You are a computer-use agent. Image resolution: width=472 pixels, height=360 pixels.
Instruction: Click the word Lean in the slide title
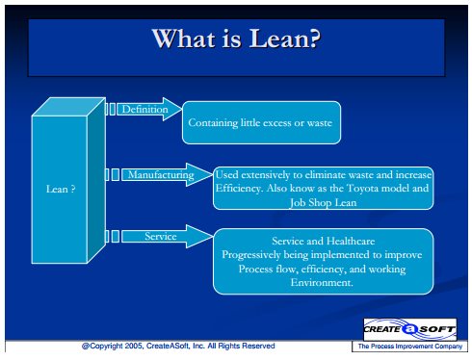click(275, 39)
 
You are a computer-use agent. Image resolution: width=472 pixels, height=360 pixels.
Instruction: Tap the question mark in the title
click(312, 39)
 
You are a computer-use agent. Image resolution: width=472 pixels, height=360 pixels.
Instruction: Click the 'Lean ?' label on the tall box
click(61, 189)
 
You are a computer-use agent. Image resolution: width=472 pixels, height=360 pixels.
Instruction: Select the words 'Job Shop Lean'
click(323, 202)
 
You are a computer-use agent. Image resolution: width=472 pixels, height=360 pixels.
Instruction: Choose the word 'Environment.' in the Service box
click(322, 282)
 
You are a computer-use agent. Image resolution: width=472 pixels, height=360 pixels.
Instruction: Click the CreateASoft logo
click(409, 329)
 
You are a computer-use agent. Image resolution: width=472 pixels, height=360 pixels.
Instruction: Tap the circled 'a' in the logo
click(409, 329)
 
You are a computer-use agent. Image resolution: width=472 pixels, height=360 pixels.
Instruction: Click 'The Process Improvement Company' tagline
click(410, 347)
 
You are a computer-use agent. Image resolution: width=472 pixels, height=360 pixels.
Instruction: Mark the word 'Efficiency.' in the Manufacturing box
click(240, 189)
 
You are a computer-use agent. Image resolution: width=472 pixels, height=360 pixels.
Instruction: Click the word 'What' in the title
click(183, 39)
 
